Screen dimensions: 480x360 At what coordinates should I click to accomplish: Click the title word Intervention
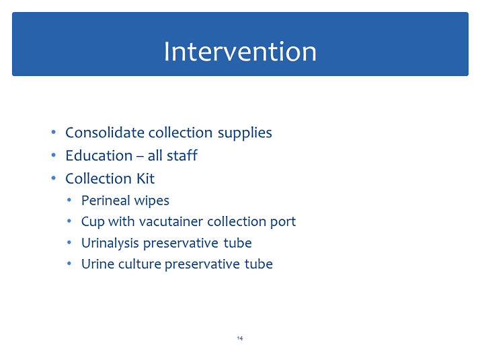coord(240,51)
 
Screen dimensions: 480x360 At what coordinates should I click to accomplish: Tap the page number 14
coord(240,338)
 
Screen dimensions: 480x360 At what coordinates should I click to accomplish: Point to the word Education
coord(99,155)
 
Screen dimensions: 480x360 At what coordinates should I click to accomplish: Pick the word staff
coord(182,155)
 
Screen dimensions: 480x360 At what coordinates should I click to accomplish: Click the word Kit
coord(146,178)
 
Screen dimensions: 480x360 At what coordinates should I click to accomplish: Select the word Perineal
coord(106,201)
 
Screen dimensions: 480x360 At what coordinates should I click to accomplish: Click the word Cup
coord(93,222)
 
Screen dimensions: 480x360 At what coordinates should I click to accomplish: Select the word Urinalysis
coord(110,244)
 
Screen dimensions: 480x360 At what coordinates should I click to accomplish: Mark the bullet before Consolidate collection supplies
coord(54,132)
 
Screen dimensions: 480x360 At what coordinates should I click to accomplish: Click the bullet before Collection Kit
coord(54,178)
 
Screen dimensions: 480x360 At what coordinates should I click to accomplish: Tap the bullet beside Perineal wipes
coord(69,200)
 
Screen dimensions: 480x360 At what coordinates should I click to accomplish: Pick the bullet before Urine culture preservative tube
coord(69,264)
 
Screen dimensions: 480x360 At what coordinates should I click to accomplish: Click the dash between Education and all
coord(141,157)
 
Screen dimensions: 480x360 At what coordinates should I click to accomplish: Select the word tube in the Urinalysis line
coord(237,243)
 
